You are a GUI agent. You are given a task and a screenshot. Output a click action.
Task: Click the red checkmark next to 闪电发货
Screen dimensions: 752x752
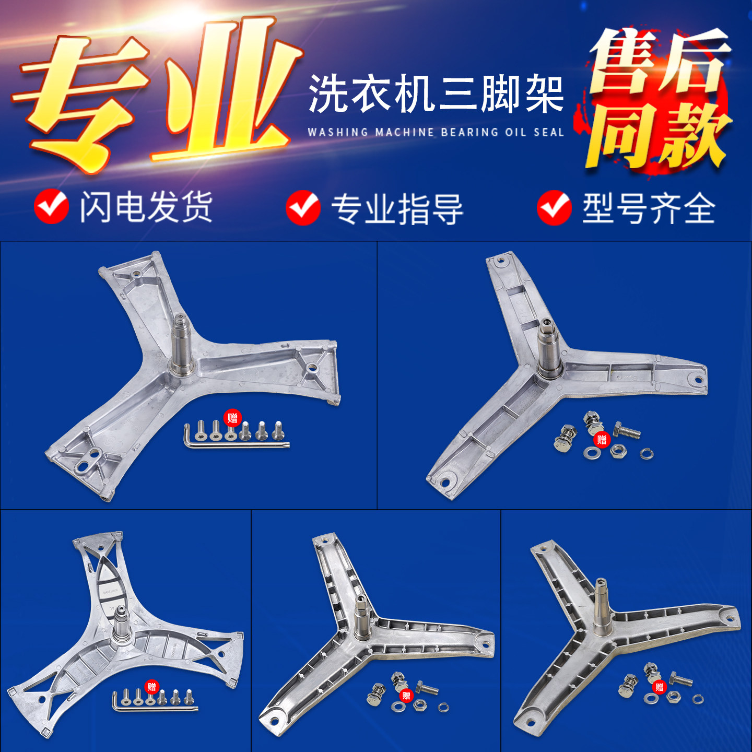51,207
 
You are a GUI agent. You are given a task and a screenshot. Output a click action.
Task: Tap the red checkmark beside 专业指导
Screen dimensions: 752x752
303,207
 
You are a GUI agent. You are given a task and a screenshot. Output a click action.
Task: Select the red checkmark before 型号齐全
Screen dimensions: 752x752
554,207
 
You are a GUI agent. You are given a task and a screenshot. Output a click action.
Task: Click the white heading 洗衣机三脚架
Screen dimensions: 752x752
436,94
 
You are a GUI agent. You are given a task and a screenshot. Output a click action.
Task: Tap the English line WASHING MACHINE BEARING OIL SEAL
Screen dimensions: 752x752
436,132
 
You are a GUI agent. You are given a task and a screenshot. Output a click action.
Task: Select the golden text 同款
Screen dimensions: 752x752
658,136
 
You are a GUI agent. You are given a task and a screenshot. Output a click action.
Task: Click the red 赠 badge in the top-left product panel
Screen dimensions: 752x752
232,418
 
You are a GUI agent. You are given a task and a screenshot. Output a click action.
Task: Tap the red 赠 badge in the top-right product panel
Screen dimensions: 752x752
602,440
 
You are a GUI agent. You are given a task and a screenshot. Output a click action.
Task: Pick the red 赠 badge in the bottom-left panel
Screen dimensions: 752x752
151,687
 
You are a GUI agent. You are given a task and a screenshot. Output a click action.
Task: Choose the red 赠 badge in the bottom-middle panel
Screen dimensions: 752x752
406,696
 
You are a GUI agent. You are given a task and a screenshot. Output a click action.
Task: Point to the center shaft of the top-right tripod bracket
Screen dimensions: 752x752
547,347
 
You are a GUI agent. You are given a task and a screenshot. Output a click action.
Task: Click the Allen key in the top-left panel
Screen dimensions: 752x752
235,444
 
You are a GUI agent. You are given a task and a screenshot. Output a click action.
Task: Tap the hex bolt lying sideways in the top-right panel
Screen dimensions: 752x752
627,431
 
